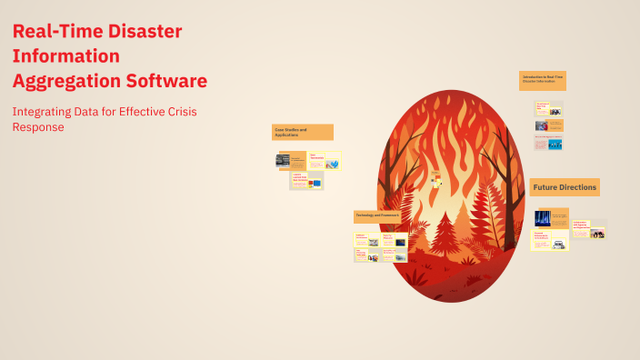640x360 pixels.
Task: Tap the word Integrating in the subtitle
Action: point(42,111)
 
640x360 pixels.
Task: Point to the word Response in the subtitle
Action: point(38,127)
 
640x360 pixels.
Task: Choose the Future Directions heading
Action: point(565,187)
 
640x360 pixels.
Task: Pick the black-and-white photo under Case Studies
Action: point(283,160)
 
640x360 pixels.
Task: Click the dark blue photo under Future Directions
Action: point(542,218)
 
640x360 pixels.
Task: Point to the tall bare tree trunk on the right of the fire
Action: point(497,200)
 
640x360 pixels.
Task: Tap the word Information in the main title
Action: point(65,56)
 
